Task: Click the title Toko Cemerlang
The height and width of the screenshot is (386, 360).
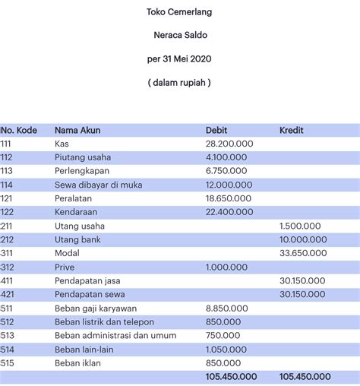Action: (178, 11)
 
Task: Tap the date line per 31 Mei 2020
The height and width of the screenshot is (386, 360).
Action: (179, 59)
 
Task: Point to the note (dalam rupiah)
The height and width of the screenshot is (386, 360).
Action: (179, 82)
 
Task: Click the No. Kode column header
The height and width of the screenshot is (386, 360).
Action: (19, 130)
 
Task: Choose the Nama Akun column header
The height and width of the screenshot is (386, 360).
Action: (78, 130)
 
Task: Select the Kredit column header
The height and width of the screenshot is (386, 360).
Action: (292, 130)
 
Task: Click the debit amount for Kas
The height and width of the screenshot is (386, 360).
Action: (229, 144)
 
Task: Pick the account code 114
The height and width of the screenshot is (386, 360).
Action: (7, 185)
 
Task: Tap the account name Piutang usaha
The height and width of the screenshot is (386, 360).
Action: (84, 157)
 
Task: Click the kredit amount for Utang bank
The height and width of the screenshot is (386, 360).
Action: (303, 239)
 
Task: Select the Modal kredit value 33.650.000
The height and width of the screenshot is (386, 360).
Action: (303, 253)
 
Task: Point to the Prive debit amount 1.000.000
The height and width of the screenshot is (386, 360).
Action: (226, 267)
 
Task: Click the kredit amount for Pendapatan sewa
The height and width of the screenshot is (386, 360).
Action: (303, 294)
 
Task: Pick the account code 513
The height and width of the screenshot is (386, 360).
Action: (7, 335)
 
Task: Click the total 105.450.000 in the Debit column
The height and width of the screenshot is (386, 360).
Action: (231, 377)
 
